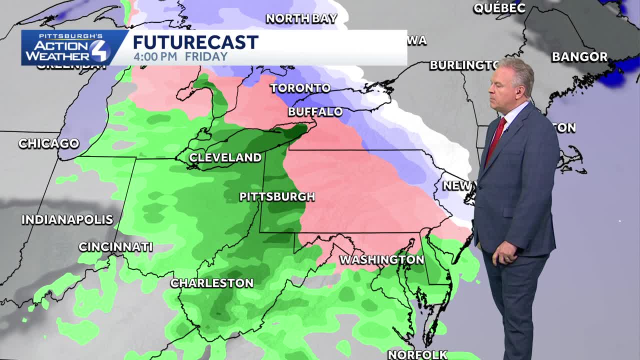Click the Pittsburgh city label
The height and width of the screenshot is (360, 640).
tap(277, 197)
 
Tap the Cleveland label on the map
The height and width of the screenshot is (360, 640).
tap(225, 157)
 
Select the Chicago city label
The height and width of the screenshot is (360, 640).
tap(48, 143)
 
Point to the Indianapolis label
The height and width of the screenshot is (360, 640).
tap(67, 219)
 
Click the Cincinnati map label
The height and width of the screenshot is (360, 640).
tap(115, 246)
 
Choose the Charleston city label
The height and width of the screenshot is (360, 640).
tap(211, 283)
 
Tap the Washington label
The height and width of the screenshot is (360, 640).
tap(381, 259)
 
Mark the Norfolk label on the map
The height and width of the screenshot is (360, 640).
tap(417, 354)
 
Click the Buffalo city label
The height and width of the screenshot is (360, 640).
tap(315, 112)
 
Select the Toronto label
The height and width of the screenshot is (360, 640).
tap(300, 88)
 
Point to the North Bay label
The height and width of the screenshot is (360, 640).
tap(301, 18)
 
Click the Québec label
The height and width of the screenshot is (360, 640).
tap(499, 7)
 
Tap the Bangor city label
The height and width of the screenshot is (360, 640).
tap(579, 57)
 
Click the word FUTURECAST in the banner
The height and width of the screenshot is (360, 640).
tap(195, 42)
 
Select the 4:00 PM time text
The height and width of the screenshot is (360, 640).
tap(155, 56)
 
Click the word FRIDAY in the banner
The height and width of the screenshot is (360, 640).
tap(206, 56)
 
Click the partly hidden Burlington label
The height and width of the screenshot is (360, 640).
tap(463, 65)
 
